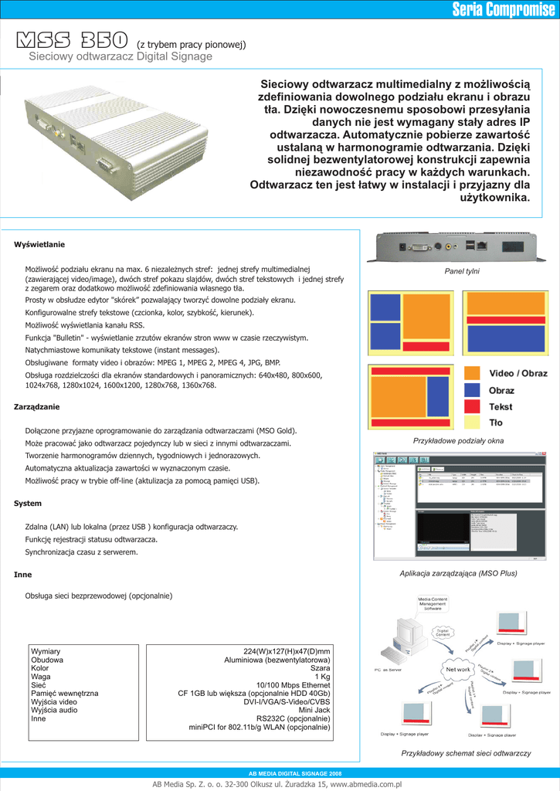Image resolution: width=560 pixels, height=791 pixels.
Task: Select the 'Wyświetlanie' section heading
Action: (39, 244)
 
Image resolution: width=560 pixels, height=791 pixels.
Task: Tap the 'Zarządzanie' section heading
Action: (36, 406)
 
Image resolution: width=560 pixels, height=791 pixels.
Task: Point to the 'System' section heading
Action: (28, 503)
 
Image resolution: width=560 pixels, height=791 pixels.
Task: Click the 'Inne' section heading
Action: (22, 575)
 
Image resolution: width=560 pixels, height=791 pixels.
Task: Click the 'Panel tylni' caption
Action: (462, 271)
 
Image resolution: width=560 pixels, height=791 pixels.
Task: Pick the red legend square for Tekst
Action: (473, 406)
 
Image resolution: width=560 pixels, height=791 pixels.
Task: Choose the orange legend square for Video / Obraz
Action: (473, 374)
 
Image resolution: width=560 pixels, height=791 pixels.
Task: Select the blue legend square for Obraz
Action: (473, 390)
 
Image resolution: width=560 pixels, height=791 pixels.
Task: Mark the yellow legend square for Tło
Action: (473, 423)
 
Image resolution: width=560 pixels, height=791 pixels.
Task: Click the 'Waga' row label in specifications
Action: (41, 677)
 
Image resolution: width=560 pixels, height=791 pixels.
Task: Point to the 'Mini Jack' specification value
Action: (314, 710)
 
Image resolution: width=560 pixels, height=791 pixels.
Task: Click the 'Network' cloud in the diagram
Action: (457, 669)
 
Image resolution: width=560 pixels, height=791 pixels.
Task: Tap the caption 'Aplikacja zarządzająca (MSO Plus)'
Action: (458, 573)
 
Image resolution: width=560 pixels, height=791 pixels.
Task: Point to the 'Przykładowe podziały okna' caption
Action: (459, 440)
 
